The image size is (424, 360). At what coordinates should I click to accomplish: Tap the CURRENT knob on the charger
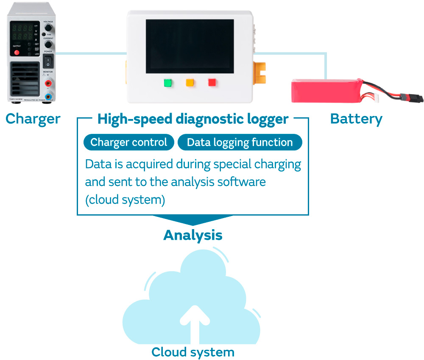click(x=48, y=44)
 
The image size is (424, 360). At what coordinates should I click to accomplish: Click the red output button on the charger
click(x=17, y=53)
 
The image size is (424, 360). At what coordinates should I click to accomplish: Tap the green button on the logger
click(x=167, y=82)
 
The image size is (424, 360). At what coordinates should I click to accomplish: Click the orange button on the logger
click(x=190, y=82)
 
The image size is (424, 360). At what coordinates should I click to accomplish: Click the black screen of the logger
click(x=190, y=46)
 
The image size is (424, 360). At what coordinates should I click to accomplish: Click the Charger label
click(x=33, y=119)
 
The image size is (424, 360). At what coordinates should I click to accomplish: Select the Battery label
click(x=356, y=119)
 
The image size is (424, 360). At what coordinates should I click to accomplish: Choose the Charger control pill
click(x=128, y=142)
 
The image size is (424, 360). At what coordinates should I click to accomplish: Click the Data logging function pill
click(x=240, y=142)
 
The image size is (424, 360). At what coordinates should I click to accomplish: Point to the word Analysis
click(x=193, y=235)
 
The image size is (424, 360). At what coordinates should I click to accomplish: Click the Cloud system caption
click(x=193, y=352)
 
